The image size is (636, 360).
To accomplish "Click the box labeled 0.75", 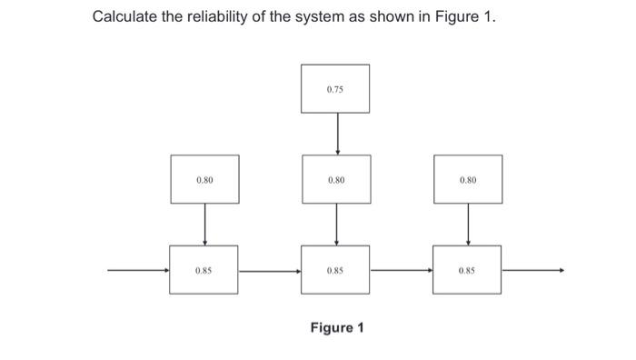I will [x=336, y=89].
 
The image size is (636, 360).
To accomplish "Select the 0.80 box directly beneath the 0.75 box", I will [x=336, y=179].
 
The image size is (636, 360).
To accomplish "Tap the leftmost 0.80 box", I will [x=204, y=179].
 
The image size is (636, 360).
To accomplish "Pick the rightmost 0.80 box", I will [x=468, y=179].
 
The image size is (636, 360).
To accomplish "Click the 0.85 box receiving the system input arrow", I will [x=204, y=270].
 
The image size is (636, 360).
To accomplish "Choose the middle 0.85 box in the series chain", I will [x=336, y=270].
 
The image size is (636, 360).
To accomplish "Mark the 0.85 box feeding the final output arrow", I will [x=468, y=270].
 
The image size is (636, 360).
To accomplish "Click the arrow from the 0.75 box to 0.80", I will [x=337, y=134].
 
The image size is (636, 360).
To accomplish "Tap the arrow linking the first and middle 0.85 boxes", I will [x=271, y=270].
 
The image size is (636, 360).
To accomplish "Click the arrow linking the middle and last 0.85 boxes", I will [x=402, y=270].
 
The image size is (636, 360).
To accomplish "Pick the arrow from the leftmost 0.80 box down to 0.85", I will [x=204, y=224].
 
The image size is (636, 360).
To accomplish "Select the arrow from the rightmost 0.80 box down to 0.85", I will [x=468, y=224].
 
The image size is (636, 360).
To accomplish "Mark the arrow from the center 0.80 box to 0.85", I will [x=337, y=224].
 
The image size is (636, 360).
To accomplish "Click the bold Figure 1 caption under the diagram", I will [x=337, y=327].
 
